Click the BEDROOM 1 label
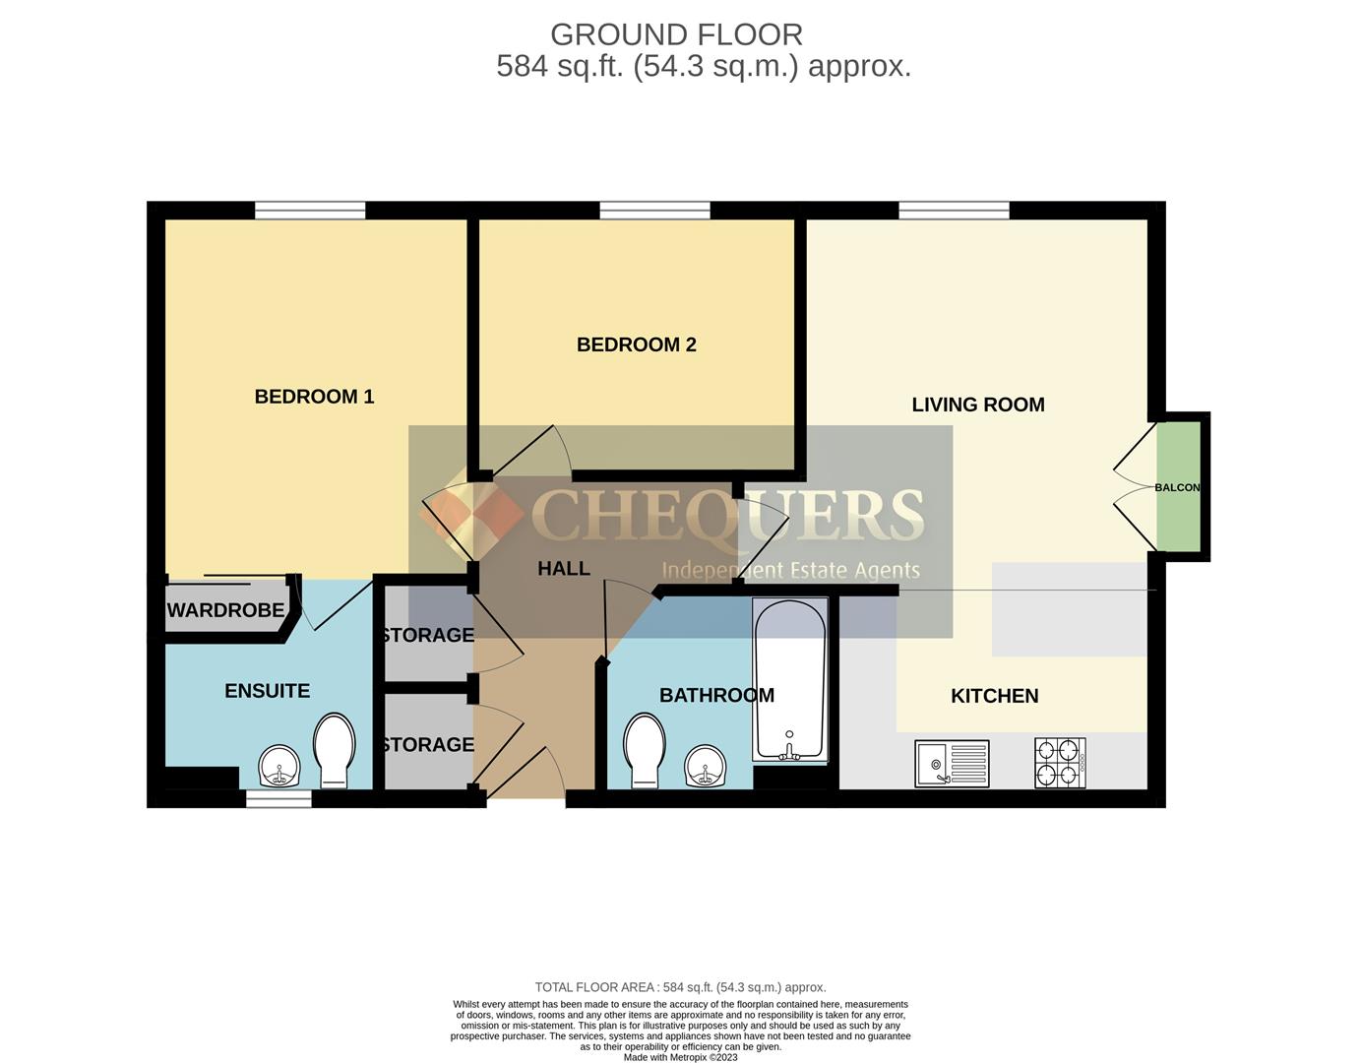[x=314, y=397]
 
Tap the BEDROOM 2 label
[x=636, y=344]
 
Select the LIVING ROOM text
[x=977, y=405]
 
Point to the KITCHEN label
[x=994, y=696]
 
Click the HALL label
[x=564, y=569]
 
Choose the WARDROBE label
[x=225, y=610]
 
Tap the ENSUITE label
[x=267, y=691]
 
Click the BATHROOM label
[x=716, y=696]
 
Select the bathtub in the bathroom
[x=789, y=679]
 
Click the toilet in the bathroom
[x=645, y=750]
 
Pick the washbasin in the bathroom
[x=706, y=765]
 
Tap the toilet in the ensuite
[x=334, y=750]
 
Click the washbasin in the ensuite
[x=279, y=765]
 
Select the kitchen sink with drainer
[x=952, y=763]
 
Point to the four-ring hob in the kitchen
[x=1060, y=763]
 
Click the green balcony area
[x=1178, y=487]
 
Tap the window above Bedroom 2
[x=654, y=211]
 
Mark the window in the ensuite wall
[x=278, y=799]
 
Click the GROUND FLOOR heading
[x=676, y=34]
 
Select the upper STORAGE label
[x=427, y=636]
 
